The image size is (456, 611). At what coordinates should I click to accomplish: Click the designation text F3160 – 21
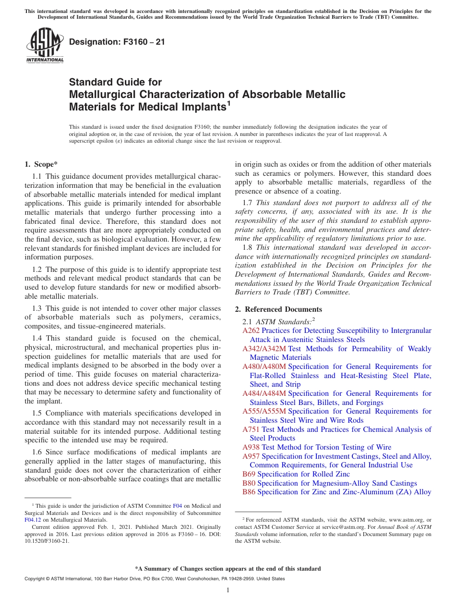[x=117, y=42]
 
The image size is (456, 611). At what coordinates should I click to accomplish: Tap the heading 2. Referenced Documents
[x=278, y=309]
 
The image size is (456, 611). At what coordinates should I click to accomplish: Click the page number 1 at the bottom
[x=228, y=590]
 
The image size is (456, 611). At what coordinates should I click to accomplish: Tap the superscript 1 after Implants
[x=229, y=103]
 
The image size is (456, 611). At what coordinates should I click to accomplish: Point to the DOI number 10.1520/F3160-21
[x=47, y=540]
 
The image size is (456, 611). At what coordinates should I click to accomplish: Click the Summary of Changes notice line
[x=228, y=569]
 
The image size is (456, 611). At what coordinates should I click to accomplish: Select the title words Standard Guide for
[x=115, y=82]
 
